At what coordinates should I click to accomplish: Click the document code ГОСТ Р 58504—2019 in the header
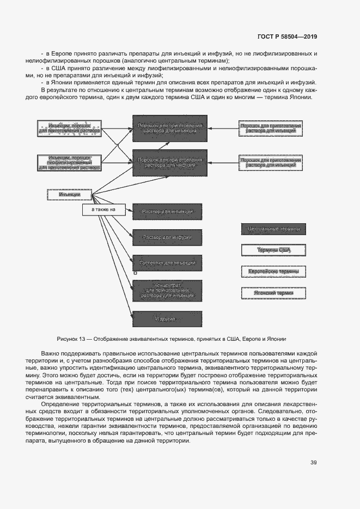coord(286,36)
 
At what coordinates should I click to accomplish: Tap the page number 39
coord(313,463)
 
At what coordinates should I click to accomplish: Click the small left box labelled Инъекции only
coord(69,194)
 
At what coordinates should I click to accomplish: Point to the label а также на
coord(103,210)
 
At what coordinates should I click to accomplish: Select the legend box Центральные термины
coord(273,229)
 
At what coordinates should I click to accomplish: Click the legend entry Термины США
coord(273,250)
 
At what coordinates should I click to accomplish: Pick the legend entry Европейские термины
coord(273,271)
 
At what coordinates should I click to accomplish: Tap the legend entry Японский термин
coord(273,292)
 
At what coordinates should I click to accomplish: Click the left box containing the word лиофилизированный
coord(69,163)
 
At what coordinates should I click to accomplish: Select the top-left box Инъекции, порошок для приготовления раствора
coord(69,128)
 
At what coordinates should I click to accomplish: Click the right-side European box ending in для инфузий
coord(270,163)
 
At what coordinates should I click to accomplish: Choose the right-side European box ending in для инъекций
coord(270,128)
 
